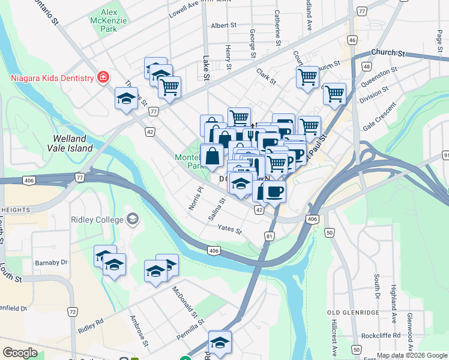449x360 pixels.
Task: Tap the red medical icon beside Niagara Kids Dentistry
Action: click(103, 77)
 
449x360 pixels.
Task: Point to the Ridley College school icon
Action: click(132, 220)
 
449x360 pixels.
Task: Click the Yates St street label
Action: click(229, 229)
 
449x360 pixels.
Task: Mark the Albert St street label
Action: click(223, 26)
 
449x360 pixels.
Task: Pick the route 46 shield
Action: click(352, 40)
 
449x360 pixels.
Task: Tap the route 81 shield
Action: click(270, 237)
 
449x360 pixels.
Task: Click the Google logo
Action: click(20, 352)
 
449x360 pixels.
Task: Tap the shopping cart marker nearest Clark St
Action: click(307, 77)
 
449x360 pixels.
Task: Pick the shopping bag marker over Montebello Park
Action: click(212, 156)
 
